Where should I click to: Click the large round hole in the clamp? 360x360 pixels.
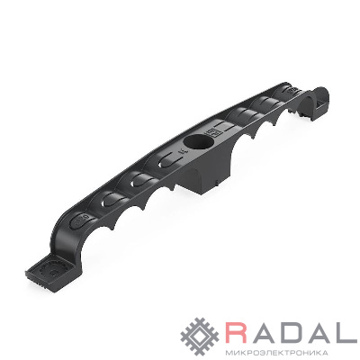199,142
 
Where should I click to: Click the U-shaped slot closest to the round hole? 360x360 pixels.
168,160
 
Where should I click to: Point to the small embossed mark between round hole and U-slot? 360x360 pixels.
181,151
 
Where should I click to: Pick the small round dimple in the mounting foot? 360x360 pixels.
54,273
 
